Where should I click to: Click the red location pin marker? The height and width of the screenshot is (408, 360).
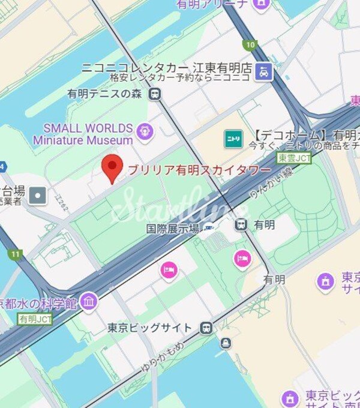click(111, 167)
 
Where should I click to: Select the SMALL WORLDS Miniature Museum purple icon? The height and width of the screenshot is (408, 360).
click(144, 130)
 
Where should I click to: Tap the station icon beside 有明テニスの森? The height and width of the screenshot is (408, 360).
click(155, 94)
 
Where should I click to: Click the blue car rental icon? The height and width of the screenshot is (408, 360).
click(263, 73)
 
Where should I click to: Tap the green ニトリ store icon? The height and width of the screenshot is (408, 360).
click(233, 139)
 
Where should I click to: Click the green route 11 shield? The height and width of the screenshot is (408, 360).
click(15, 254)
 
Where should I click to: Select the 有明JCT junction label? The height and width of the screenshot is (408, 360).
click(35, 319)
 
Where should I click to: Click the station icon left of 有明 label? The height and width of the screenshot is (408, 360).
click(241, 224)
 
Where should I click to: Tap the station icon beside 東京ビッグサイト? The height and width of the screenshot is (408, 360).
click(206, 328)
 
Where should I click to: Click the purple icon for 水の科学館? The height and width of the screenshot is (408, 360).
click(89, 301)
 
